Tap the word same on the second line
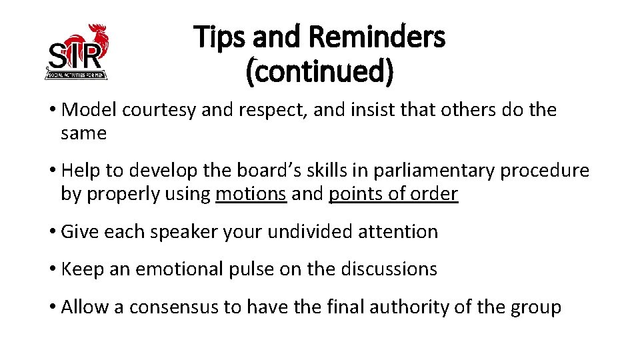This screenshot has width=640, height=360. click(x=83, y=133)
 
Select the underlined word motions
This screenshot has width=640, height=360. click(x=251, y=194)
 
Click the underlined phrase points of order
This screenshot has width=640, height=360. click(x=393, y=194)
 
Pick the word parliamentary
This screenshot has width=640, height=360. click(x=433, y=171)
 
